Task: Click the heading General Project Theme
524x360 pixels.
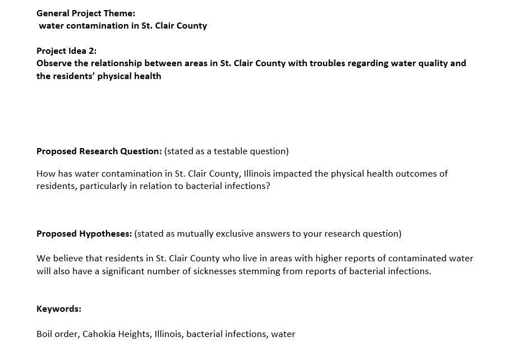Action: [86, 13]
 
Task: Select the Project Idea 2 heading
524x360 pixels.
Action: [66, 50]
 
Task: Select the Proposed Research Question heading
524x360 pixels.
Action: [99, 151]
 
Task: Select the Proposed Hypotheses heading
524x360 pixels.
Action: [84, 234]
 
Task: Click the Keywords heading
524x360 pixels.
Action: [59, 309]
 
